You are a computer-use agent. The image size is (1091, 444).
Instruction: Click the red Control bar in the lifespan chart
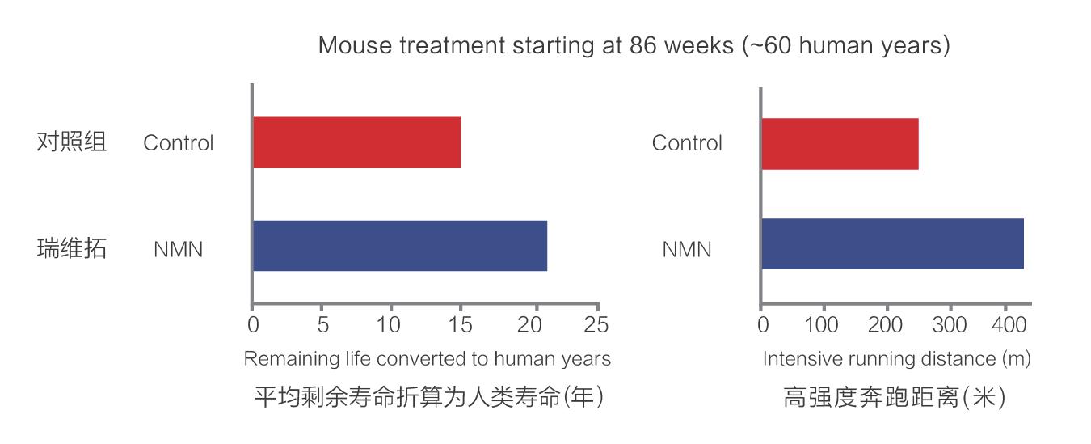tap(356, 142)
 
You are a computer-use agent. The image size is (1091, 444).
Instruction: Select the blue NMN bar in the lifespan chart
tap(400, 246)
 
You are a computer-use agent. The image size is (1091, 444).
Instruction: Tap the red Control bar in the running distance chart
tap(840, 143)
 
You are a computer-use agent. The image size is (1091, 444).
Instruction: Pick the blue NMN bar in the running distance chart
tap(892, 244)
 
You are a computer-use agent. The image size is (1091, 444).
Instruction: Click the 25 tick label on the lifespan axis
tap(596, 325)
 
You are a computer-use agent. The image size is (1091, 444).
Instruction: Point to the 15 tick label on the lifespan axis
tap(459, 325)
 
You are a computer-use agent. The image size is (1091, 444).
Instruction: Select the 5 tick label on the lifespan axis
tap(322, 325)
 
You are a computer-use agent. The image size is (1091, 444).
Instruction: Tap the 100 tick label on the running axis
tap(823, 325)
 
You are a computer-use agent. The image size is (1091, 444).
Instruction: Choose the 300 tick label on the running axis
tap(949, 325)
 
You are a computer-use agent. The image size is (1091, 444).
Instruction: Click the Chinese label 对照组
tap(72, 142)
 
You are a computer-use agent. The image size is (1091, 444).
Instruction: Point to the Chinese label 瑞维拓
tap(72, 248)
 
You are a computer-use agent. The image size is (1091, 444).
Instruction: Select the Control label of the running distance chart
tap(687, 143)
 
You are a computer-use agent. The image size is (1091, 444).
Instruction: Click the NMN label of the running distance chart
tap(687, 250)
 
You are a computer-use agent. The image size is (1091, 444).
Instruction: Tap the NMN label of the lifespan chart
tap(178, 250)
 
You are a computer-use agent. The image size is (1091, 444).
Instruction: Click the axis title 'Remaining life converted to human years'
tap(427, 358)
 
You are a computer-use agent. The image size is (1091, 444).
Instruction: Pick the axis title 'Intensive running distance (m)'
tap(896, 358)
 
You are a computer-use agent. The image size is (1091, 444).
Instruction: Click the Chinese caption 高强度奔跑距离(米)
tap(894, 398)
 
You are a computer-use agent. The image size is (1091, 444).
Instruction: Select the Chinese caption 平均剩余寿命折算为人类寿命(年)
tap(429, 398)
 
